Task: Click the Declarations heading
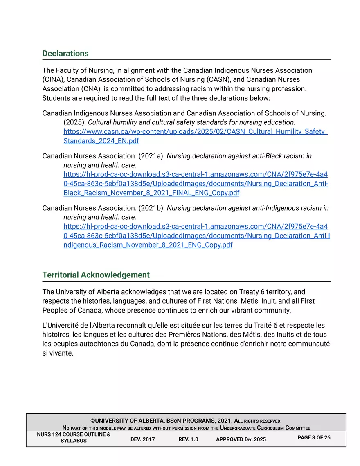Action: tap(65, 54)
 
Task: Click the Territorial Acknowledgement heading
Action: tap(96, 275)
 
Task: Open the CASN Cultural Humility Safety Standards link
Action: tap(196, 136)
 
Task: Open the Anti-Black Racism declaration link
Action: tap(196, 184)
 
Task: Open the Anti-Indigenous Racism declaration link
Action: tap(196, 236)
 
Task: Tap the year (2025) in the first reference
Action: tap(74, 122)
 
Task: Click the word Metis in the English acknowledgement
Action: tap(248, 301)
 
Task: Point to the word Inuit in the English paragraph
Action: tap(268, 301)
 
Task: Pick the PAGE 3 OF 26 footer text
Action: tap(314, 437)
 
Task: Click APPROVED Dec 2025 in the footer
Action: tap(241, 439)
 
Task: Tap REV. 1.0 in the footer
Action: tap(188, 439)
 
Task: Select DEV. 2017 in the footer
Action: tap(142, 439)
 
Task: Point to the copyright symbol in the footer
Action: tap(93, 421)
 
